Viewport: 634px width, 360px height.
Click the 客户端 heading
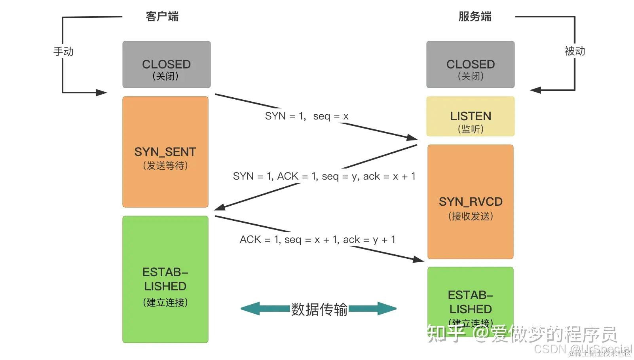[162, 17]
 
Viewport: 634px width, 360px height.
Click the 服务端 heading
[475, 17]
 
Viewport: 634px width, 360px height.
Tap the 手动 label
[63, 51]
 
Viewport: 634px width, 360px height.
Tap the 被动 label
[575, 51]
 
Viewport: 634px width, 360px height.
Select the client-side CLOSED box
[166, 64]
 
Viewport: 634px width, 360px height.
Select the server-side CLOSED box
[470, 64]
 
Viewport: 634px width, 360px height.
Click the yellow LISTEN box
[470, 117]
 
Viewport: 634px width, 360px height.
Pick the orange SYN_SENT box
[165, 152]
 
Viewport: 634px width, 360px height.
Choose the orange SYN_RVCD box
[470, 202]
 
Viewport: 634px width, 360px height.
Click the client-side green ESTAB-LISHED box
[165, 279]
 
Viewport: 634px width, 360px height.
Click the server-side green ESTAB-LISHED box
[470, 297]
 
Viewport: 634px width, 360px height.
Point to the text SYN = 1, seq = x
[307, 116]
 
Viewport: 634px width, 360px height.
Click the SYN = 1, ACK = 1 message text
[324, 176]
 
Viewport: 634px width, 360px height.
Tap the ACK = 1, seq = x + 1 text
[317, 240]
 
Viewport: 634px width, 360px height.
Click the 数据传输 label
[319, 309]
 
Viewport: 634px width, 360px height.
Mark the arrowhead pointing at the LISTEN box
[413, 137]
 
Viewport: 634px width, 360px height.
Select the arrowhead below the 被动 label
[535, 90]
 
